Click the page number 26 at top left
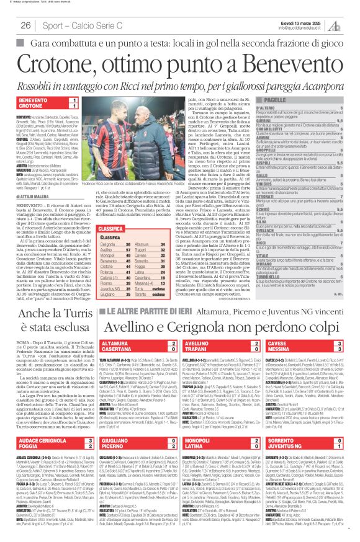26,24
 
